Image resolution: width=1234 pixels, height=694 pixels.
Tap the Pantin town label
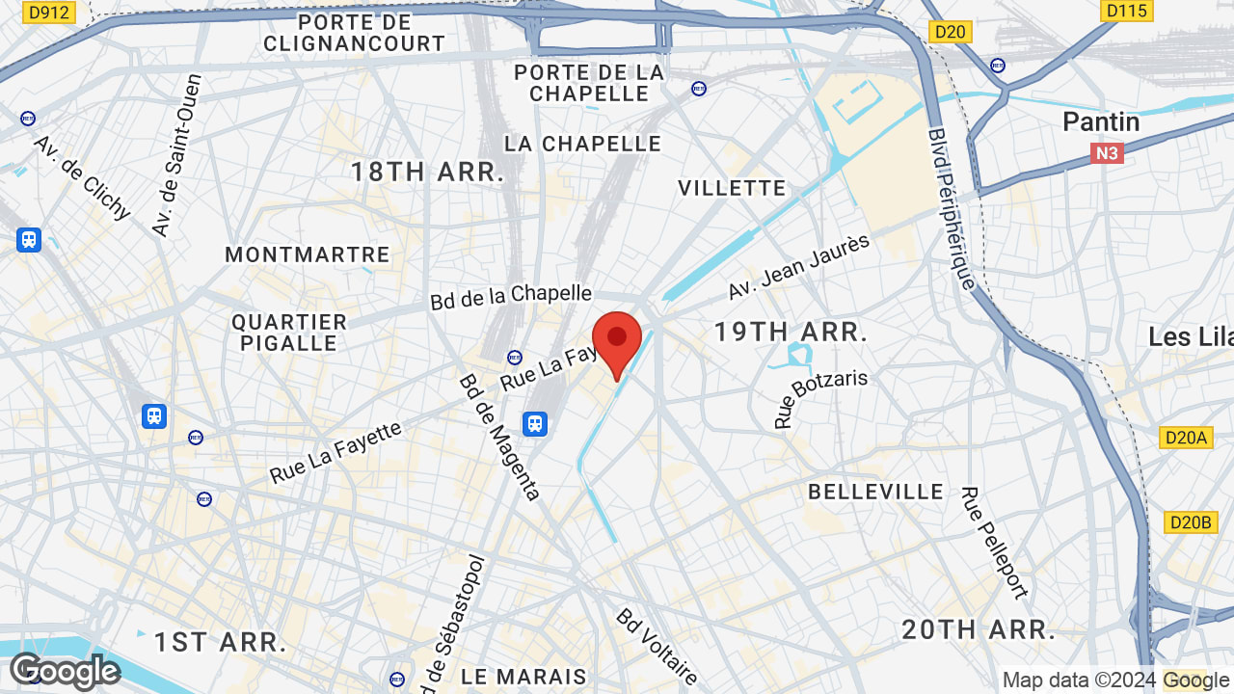tap(1101, 122)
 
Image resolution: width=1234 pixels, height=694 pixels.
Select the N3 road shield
tap(1108, 153)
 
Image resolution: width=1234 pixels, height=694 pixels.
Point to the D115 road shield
tap(1126, 11)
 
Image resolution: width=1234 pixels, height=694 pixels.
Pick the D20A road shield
tap(1186, 438)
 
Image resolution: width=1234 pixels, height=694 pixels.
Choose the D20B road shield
tap(1188, 522)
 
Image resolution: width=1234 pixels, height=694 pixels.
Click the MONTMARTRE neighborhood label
tap(308, 254)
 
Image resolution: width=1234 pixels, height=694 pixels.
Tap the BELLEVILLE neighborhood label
tap(876, 492)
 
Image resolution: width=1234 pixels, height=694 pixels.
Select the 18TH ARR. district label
tap(427, 173)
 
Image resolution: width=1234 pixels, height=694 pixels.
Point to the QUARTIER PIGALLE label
tap(289, 333)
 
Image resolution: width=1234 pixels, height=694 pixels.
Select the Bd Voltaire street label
tap(657, 646)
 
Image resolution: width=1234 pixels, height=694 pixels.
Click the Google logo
tap(65, 671)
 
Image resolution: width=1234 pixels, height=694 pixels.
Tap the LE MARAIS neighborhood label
tap(524, 677)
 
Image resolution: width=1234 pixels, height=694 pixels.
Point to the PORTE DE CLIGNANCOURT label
tap(354, 33)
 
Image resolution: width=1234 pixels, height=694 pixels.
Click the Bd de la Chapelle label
tap(510, 296)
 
